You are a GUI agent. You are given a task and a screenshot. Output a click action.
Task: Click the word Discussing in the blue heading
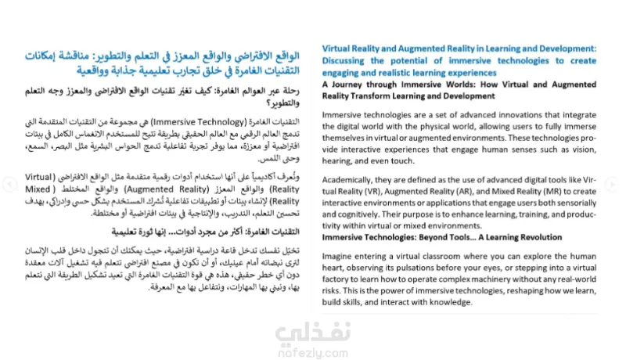click(346, 59)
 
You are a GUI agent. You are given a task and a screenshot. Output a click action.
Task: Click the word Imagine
click(339, 259)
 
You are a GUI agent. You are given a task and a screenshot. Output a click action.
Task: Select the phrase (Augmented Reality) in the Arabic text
click(205, 190)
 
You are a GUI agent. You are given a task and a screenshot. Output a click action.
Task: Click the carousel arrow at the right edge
click(613, 184)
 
